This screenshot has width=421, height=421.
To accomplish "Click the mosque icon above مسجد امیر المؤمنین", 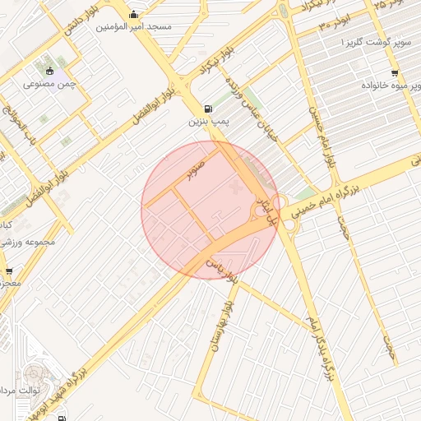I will (134, 14).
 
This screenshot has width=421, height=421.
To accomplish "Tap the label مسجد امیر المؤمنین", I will (134, 26).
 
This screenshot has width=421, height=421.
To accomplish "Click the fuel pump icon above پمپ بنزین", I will (207, 109).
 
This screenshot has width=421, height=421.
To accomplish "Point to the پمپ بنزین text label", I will (207, 121).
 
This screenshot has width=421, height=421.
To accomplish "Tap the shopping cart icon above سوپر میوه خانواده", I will (395, 73).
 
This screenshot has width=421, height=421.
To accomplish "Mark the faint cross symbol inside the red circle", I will (238, 190).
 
